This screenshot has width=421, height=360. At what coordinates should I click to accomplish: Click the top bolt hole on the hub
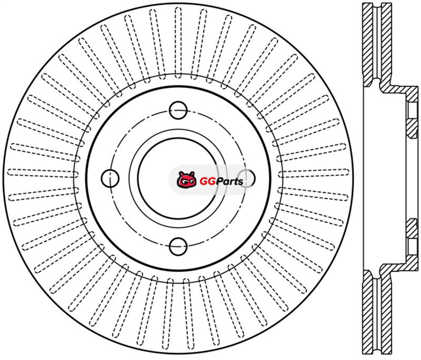click(178, 110)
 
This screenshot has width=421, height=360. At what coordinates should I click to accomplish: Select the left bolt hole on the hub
click(110, 178)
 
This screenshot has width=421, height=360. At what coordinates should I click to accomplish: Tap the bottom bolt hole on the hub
click(178, 246)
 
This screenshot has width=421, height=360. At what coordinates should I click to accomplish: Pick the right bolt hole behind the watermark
click(246, 178)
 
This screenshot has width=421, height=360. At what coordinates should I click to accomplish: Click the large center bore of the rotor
click(178, 178)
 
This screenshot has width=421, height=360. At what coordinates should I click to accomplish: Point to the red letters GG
click(207, 182)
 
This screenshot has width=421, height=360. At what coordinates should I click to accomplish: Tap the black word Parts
click(229, 182)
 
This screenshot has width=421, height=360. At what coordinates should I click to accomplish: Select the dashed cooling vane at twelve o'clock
click(178, 43)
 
